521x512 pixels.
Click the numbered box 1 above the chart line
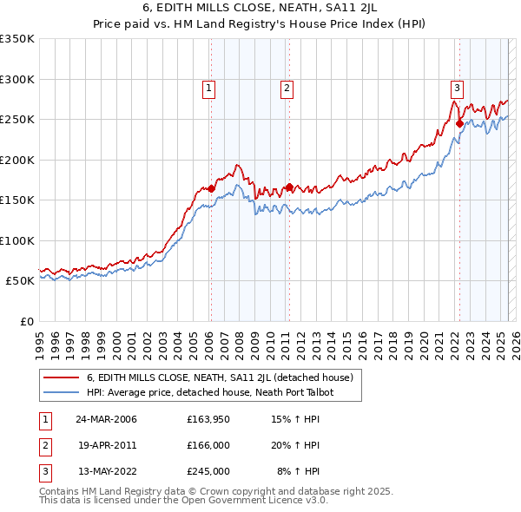click(210, 87)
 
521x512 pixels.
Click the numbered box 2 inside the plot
click(287, 87)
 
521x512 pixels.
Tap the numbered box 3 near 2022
click(457, 87)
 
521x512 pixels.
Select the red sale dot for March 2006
click(211, 188)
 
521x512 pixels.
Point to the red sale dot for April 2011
click(289, 187)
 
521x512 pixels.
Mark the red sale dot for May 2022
click(459, 123)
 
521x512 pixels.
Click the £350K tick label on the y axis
click(17, 39)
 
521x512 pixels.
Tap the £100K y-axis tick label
click(17, 241)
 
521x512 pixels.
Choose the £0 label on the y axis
click(25, 322)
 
